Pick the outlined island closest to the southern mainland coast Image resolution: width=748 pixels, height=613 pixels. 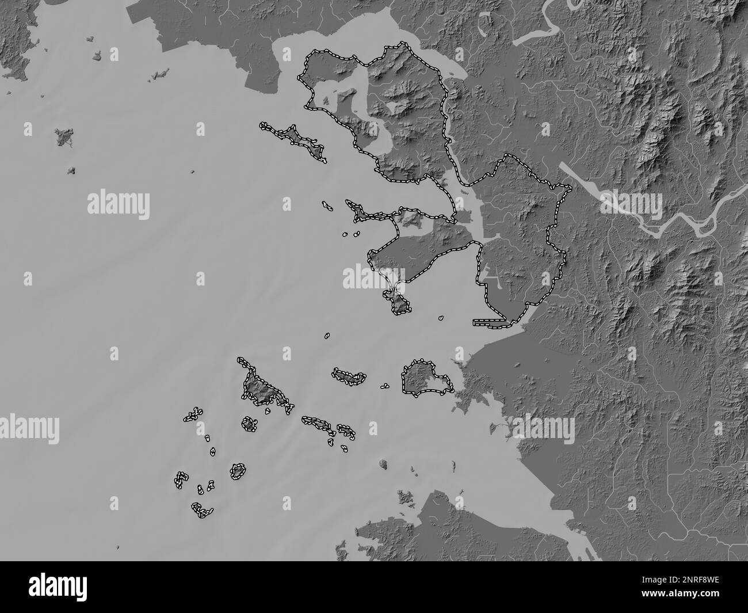coord(426,379)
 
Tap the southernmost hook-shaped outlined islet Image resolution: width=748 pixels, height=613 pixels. coord(202,509)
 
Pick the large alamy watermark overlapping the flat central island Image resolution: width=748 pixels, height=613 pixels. coord(375,277)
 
